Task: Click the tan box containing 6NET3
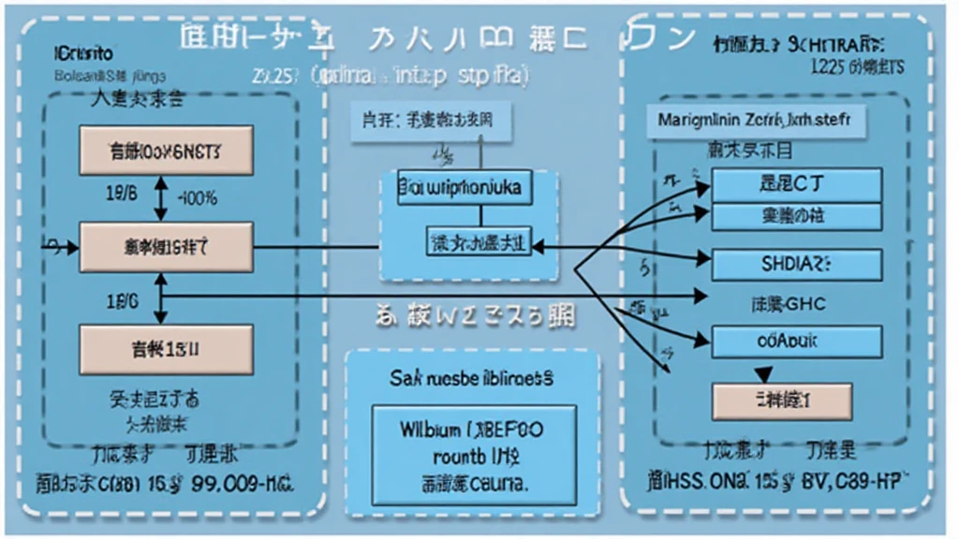167,149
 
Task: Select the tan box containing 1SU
167,351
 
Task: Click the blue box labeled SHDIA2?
797,266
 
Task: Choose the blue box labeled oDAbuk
797,342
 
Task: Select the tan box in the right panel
781,401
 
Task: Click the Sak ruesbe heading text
471,379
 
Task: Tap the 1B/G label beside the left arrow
124,301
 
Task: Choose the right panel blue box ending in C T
797,183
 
